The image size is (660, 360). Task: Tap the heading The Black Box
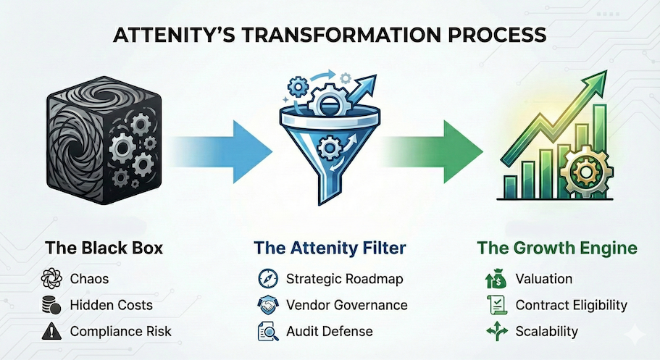[x=104, y=248]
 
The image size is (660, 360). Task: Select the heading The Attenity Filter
[x=330, y=248]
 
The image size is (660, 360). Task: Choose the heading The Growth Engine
[x=556, y=248]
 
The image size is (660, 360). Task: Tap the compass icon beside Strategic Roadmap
[x=265, y=278]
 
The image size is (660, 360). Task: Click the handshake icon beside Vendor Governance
[x=265, y=305]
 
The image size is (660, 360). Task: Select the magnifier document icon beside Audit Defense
[x=265, y=332]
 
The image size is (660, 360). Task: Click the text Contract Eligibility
[x=571, y=305]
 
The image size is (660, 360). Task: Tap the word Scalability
[x=546, y=332]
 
